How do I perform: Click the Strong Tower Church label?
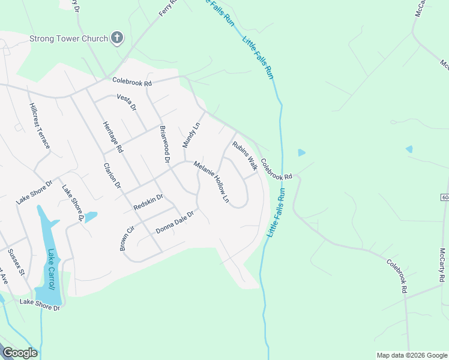click(68, 39)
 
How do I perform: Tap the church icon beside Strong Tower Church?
click(117, 39)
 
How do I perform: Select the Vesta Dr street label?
click(127, 103)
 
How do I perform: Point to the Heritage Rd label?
click(112, 136)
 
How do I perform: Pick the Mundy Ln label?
click(191, 133)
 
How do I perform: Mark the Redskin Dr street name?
click(148, 202)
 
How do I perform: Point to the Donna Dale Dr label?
click(175, 222)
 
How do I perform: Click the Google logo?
click(20, 353)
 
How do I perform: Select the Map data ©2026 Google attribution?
click(411, 355)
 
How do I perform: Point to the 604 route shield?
click(445, 197)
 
